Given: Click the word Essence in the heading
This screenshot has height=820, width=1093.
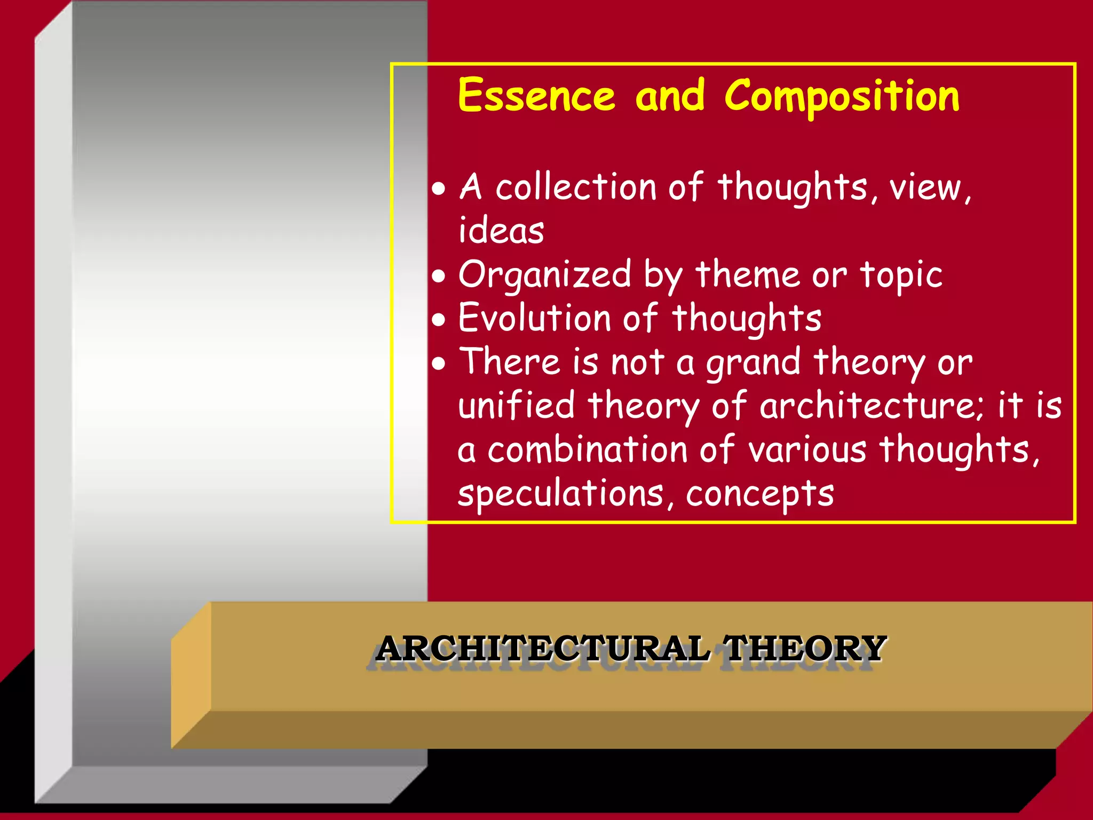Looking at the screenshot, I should [536, 96].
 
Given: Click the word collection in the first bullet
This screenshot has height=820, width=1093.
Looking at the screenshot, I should [575, 187].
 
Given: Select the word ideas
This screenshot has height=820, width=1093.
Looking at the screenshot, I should [501, 231].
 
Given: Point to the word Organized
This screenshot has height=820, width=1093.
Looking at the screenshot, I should [544, 275].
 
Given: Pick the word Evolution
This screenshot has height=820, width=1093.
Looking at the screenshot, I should [534, 319].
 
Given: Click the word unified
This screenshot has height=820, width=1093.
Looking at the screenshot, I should [516, 406].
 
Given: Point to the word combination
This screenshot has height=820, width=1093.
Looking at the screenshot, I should [587, 450].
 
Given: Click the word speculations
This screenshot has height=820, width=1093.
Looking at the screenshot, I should [560, 494].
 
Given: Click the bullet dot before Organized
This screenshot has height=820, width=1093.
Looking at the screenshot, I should [439, 277].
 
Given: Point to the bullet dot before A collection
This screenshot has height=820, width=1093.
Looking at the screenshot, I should [439, 189].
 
